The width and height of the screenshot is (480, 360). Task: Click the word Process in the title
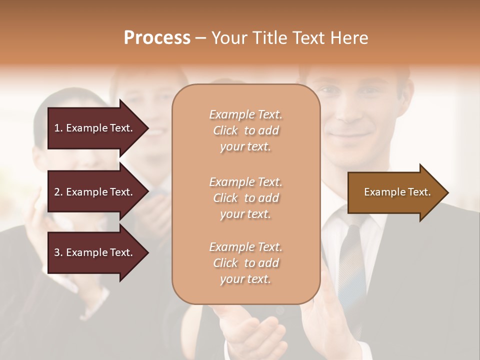pyautogui.click(x=157, y=37)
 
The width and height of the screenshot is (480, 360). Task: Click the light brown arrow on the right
pyautogui.click(x=395, y=192)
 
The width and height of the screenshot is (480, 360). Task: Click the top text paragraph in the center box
pyautogui.click(x=245, y=130)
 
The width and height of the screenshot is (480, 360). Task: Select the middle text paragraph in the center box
pyautogui.click(x=245, y=198)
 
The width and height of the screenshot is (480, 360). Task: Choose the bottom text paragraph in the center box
pyautogui.click(x=245, y=263)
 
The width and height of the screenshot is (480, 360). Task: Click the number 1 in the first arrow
pyautogui.click(x=57, y=128)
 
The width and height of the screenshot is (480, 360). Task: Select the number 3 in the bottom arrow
pyautogui.click(x=57, y=252)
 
